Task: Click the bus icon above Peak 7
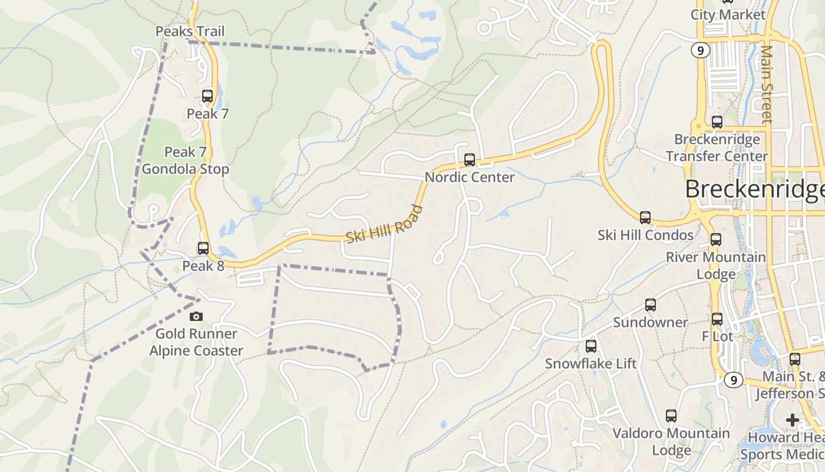pos(207,96)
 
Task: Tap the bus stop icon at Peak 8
pos(203,248)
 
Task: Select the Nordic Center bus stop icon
pos(470,159)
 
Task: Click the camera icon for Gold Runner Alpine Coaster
pos(196,316)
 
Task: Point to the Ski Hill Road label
pos(384,224)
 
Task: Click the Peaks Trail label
pos(190,31)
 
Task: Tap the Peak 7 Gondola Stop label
pos(186,160)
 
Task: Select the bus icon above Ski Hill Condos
pos(645,217)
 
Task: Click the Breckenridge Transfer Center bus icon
pos(717,122)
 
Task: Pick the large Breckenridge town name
pos(754,189)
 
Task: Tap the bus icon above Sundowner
pos(651,305)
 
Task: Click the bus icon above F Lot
pos(717,319)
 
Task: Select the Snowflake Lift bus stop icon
pos(591,346)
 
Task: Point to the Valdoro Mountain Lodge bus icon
pos(671,416)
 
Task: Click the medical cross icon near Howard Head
pos(793,420)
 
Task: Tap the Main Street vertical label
pos(766,84)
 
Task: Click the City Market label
pos(728,15)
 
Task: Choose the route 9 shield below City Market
pos(700,51)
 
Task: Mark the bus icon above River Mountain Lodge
pos(716,240)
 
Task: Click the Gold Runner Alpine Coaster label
pos(196,342)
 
